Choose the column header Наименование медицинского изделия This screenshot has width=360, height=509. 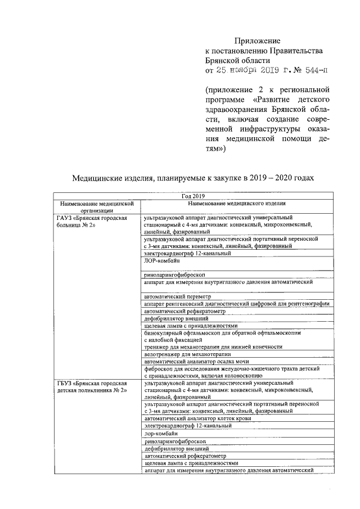pos(237,203)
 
